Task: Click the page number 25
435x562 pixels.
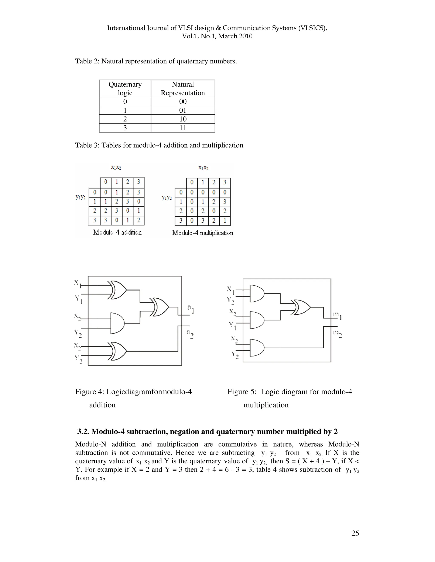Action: point(355,533)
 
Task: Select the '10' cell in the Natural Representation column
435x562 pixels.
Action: point(183,119)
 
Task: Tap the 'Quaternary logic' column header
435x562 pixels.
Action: point(125,88)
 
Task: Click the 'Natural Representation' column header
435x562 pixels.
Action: point(183,88)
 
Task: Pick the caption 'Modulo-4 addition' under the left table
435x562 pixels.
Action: point(117,233)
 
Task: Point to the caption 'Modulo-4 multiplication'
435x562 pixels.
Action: point(203,233)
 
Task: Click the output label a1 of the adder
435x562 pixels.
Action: point(191,309)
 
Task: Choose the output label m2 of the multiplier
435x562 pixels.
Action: point(337,333)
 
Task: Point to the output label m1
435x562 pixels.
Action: point(337,315)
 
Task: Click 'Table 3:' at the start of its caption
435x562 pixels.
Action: point(87,145)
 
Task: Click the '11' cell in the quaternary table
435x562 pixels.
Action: point(183,128)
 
